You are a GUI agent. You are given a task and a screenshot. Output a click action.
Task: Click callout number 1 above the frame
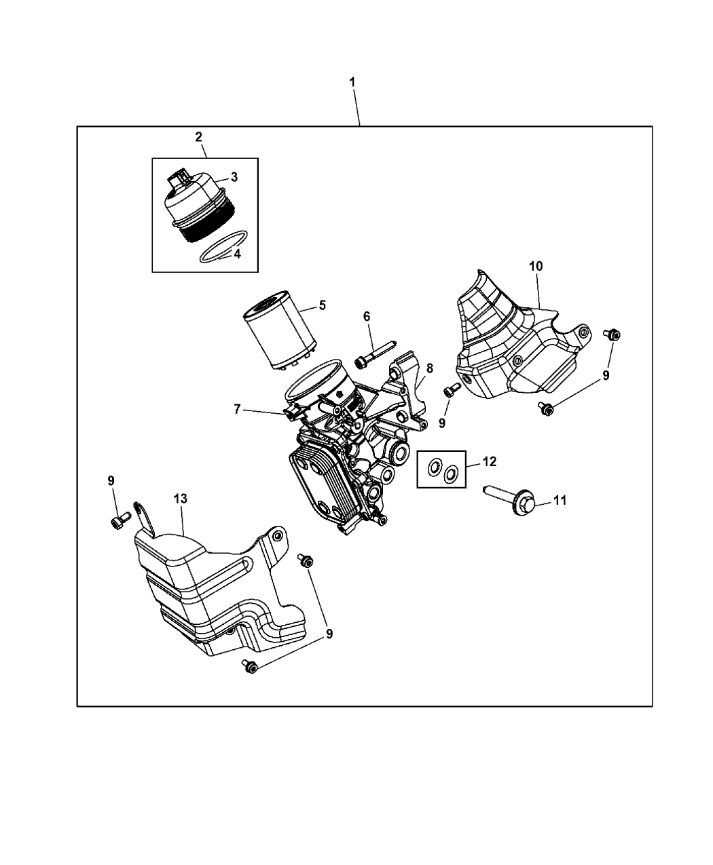coord(352,82)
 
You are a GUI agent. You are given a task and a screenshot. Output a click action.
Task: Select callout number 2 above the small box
coord(198,136)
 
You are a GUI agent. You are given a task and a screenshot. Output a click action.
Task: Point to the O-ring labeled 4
coord(222,246)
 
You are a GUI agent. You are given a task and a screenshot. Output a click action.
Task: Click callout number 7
coord(237,409)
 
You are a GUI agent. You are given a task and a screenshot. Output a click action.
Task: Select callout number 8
coord(429,369)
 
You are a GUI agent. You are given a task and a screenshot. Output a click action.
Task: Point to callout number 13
coord(180,499)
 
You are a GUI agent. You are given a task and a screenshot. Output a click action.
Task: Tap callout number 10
coord(536,266)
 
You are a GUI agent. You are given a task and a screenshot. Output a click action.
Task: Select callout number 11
coord(560,501)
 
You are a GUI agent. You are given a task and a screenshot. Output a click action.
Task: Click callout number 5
coord(322,305)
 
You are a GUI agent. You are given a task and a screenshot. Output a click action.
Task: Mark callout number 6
coord(367,316)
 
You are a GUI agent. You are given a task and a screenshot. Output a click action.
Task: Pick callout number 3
coord(234,177)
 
